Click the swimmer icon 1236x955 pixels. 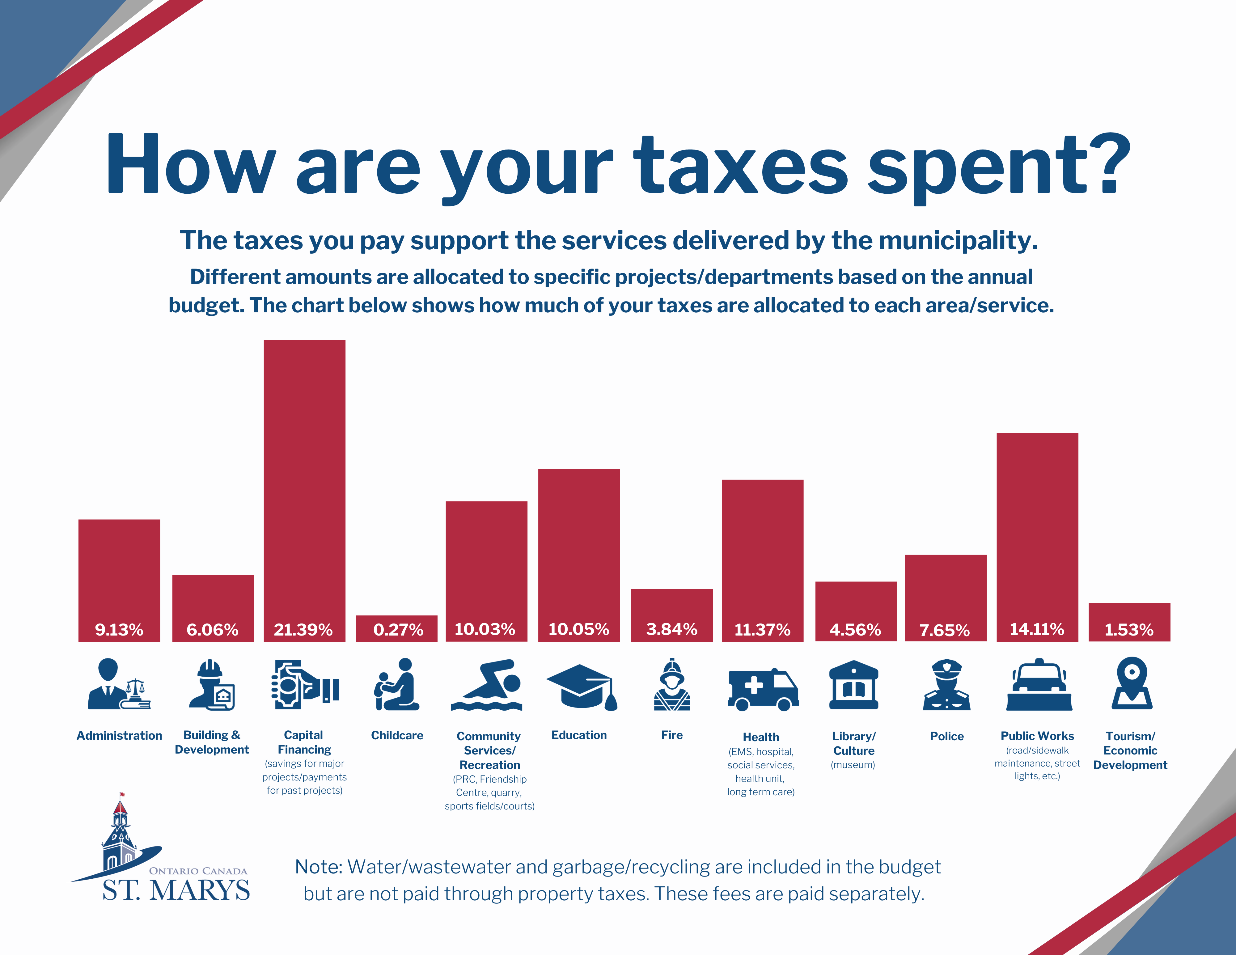click(x=487, y=685)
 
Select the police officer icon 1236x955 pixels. click(x=946, y=685)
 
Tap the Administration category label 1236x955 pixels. click(x=119, y=736)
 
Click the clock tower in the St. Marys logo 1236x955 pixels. click(x=119, y=835)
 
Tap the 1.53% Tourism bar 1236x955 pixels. click(x=1129, y=622)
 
